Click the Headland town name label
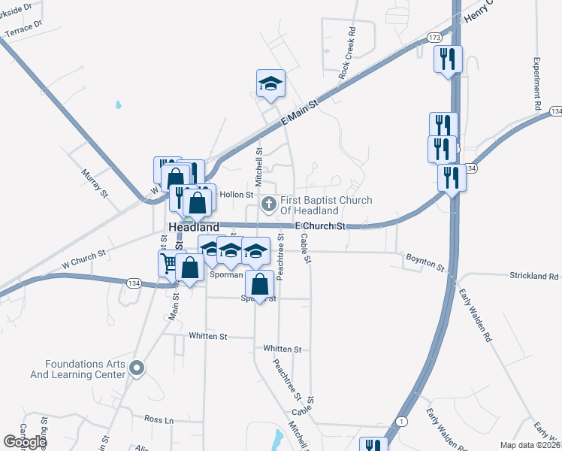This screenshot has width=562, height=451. (x=194, y=226)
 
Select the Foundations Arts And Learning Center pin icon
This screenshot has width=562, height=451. (x=136, y=368)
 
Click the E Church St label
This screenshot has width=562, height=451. (x=319, y=225)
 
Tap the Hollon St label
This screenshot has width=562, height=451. (x=237, y=195)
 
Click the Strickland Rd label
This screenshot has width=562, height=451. (x=533, y=276)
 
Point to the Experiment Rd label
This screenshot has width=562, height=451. (x=537, y=85)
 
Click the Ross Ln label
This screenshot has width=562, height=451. (x=159, y=419)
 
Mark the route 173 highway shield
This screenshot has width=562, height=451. (x=435, y=37)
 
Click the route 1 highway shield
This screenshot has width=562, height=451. (x=403, y=422)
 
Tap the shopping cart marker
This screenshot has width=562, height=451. (x=168, y=263)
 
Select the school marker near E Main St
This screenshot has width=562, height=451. (x=270, y=84)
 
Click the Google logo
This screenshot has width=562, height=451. (x=25, y=442)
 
